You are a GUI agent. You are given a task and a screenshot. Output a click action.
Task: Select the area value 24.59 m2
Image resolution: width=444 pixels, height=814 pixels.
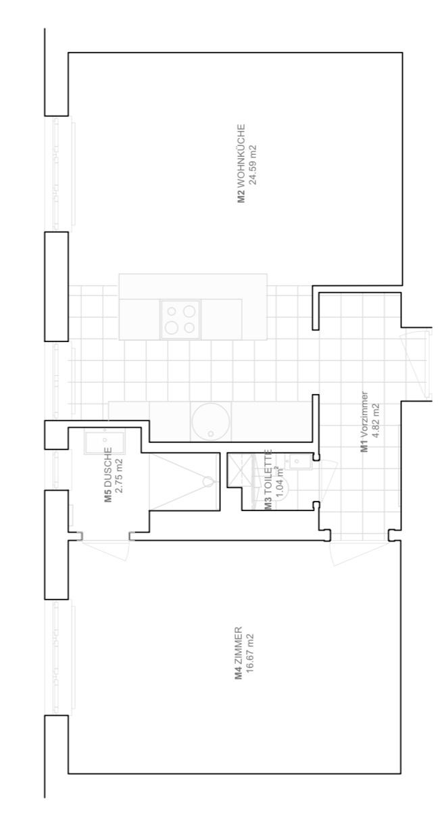[x=253, y=165]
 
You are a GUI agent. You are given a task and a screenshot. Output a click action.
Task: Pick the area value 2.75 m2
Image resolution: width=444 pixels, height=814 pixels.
[x=119, y=476]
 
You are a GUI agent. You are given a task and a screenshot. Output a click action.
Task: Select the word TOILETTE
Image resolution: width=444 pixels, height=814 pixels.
[x=268, y=471]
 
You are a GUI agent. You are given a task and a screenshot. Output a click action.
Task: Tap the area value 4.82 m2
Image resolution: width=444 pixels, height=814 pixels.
[x=376, y=421]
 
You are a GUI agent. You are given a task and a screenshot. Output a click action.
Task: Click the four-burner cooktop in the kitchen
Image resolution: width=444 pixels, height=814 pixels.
[x=180, y=319]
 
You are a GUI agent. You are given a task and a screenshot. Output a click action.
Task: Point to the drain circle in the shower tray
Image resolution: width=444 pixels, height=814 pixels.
[x=208, y=481]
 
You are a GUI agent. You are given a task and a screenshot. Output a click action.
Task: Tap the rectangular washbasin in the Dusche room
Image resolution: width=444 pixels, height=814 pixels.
[x=105, y=440]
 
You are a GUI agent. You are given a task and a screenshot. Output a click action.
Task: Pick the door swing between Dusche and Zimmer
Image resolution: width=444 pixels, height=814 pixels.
[x=105, y=550]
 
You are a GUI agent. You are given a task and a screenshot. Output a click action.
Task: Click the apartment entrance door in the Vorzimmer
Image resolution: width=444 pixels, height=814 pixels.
[x=416, y=364]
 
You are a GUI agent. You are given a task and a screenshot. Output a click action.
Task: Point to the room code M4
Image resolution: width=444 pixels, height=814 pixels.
[x=238, y=675]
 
